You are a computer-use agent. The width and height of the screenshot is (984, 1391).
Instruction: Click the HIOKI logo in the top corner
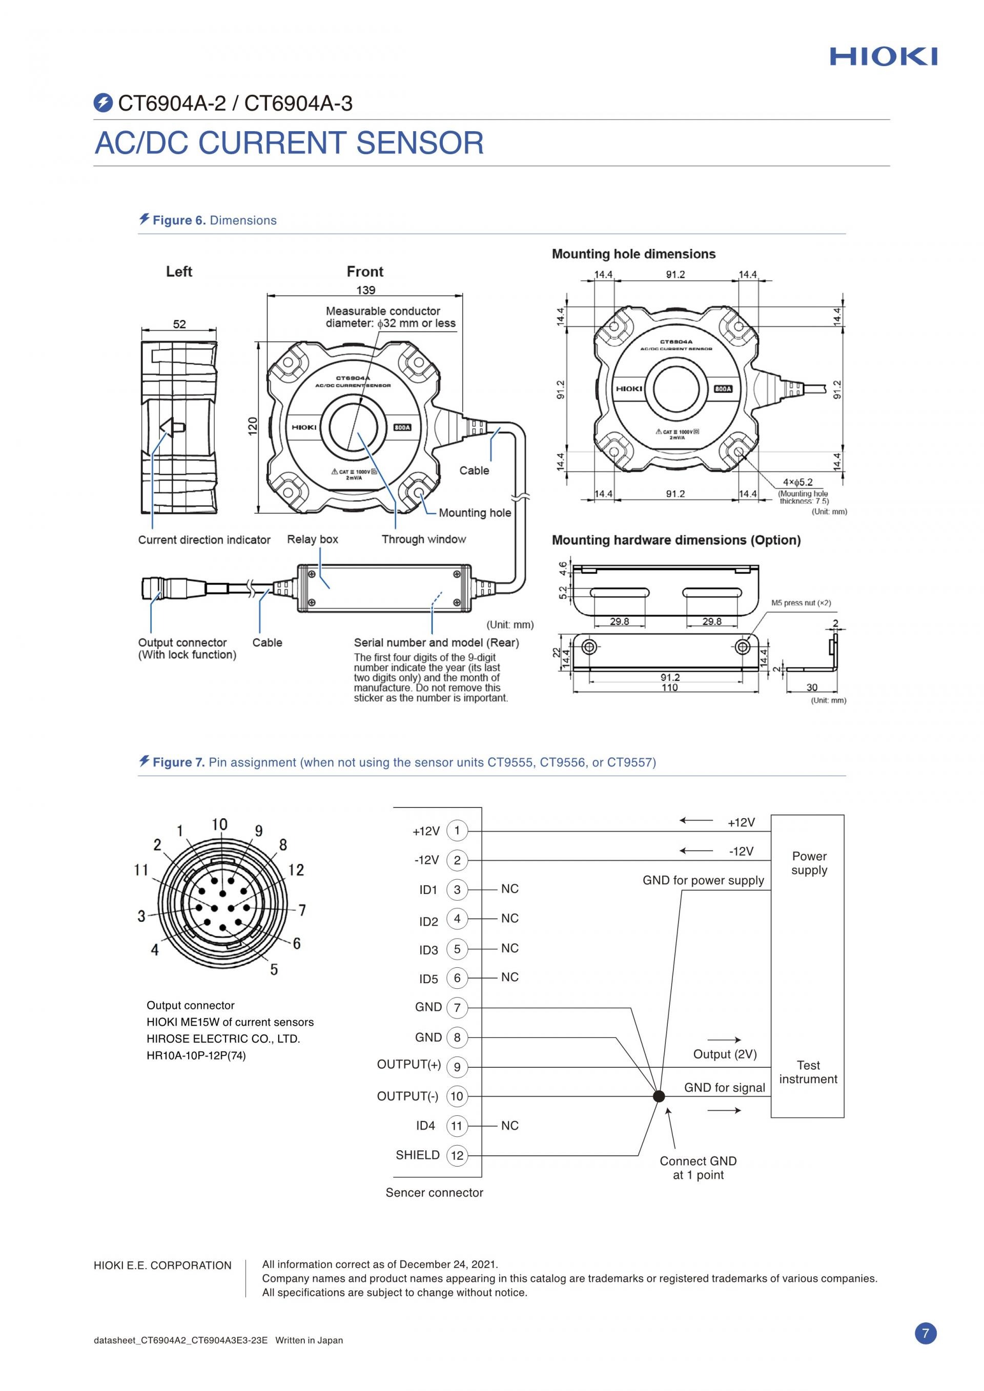point(884,56)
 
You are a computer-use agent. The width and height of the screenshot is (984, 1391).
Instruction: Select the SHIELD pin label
point(418,1155)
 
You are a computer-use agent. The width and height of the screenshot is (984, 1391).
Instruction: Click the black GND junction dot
point(659,1096)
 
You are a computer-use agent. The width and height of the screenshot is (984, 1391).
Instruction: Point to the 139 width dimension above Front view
point(365,290)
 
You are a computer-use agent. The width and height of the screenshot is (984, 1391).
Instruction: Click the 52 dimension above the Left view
point(179,324)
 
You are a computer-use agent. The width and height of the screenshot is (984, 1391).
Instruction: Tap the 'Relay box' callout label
point(313,539)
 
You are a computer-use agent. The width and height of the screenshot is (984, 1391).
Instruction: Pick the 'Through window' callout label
point(423,539)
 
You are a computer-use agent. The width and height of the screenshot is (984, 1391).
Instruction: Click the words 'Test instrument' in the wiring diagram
point(808,1072)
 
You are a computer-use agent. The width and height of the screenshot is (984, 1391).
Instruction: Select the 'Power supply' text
point(809,863)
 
